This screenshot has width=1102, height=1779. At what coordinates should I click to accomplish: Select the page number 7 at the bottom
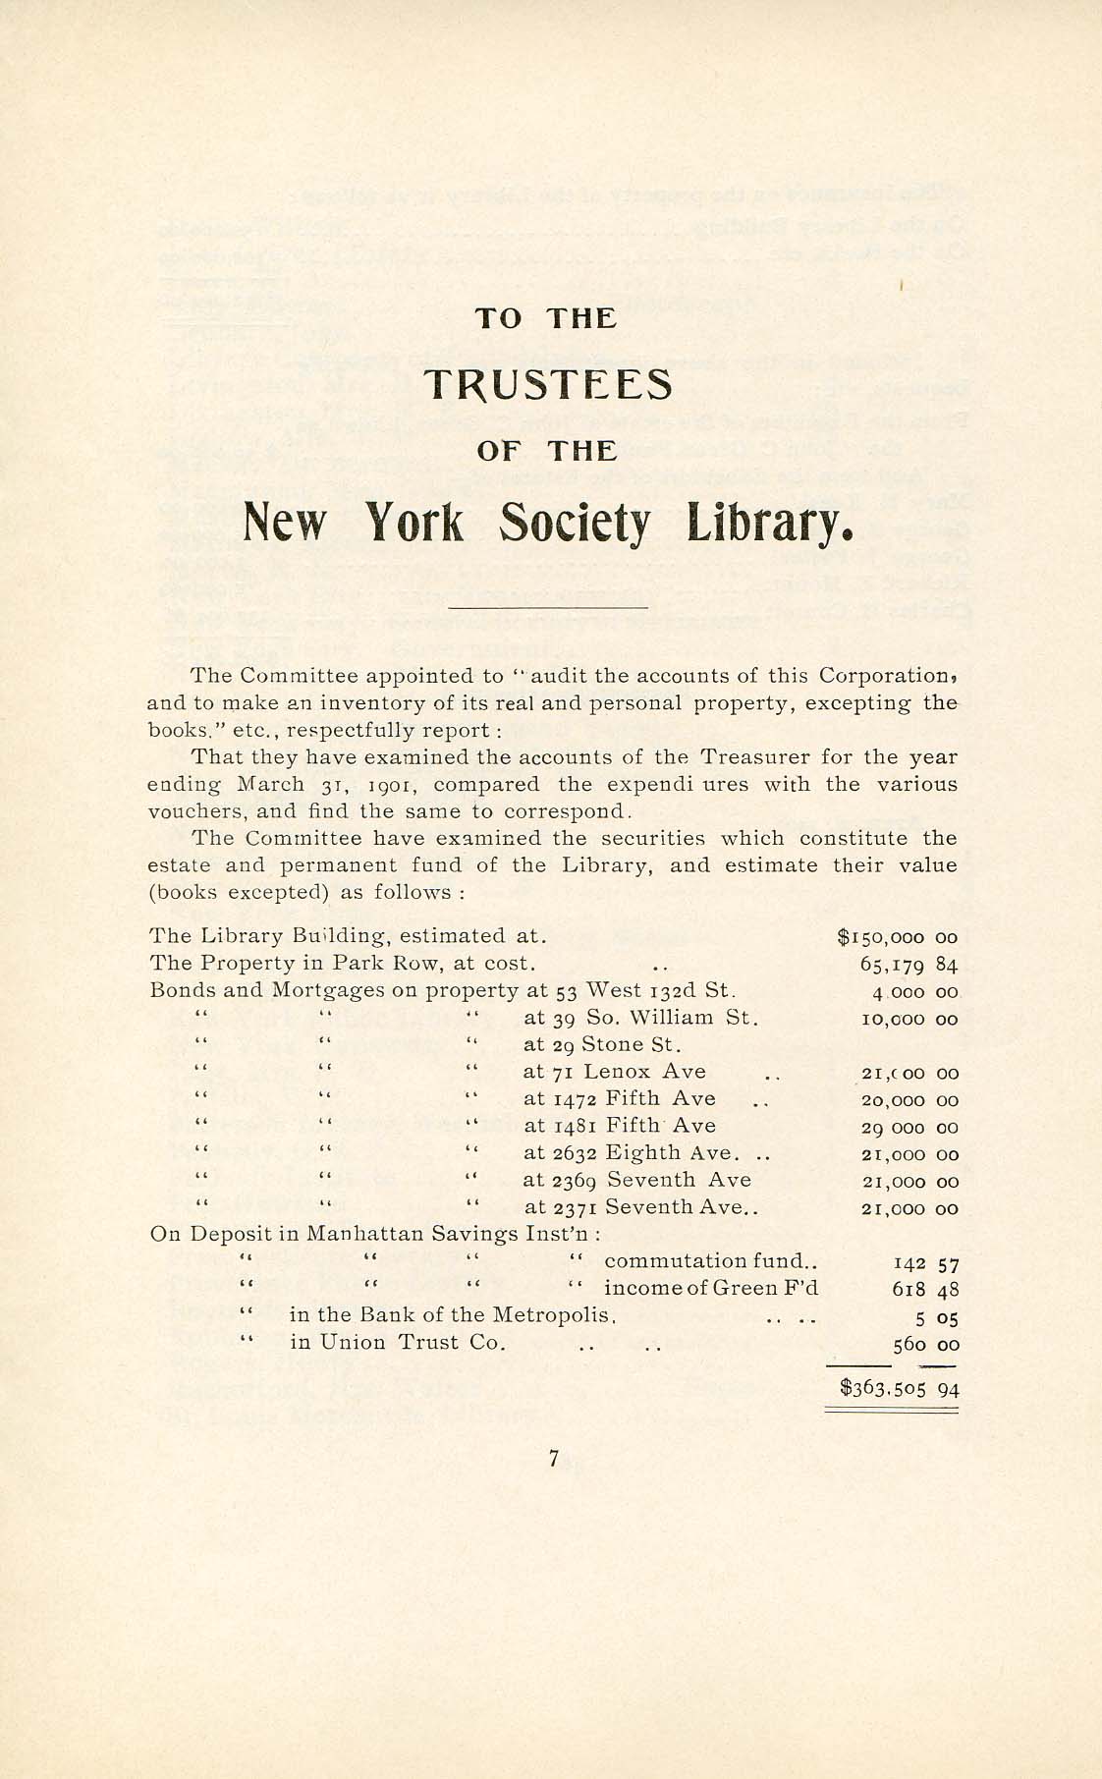(554, 1460)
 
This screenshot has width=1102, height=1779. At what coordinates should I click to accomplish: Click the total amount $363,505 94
(899, 1389)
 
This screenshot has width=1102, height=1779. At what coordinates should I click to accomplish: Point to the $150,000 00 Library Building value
(897, 936)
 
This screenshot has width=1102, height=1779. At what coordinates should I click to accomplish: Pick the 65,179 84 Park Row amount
(908, 964)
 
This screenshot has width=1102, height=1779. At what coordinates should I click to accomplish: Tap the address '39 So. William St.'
(654, 1018)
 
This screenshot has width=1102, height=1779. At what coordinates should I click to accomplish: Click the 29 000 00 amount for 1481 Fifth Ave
(909, 1128)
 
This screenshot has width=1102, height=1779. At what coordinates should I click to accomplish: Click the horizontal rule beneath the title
(547, 608)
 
